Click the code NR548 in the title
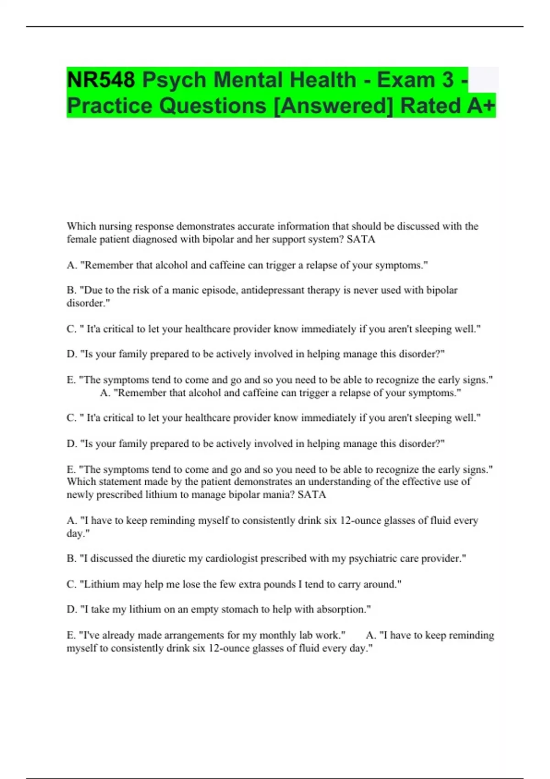pyautogui.click(x=101, y=80)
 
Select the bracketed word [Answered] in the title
pyautogui.click(x=333, y=106)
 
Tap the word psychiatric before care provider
pyautogui.click(x=372, y=559)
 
